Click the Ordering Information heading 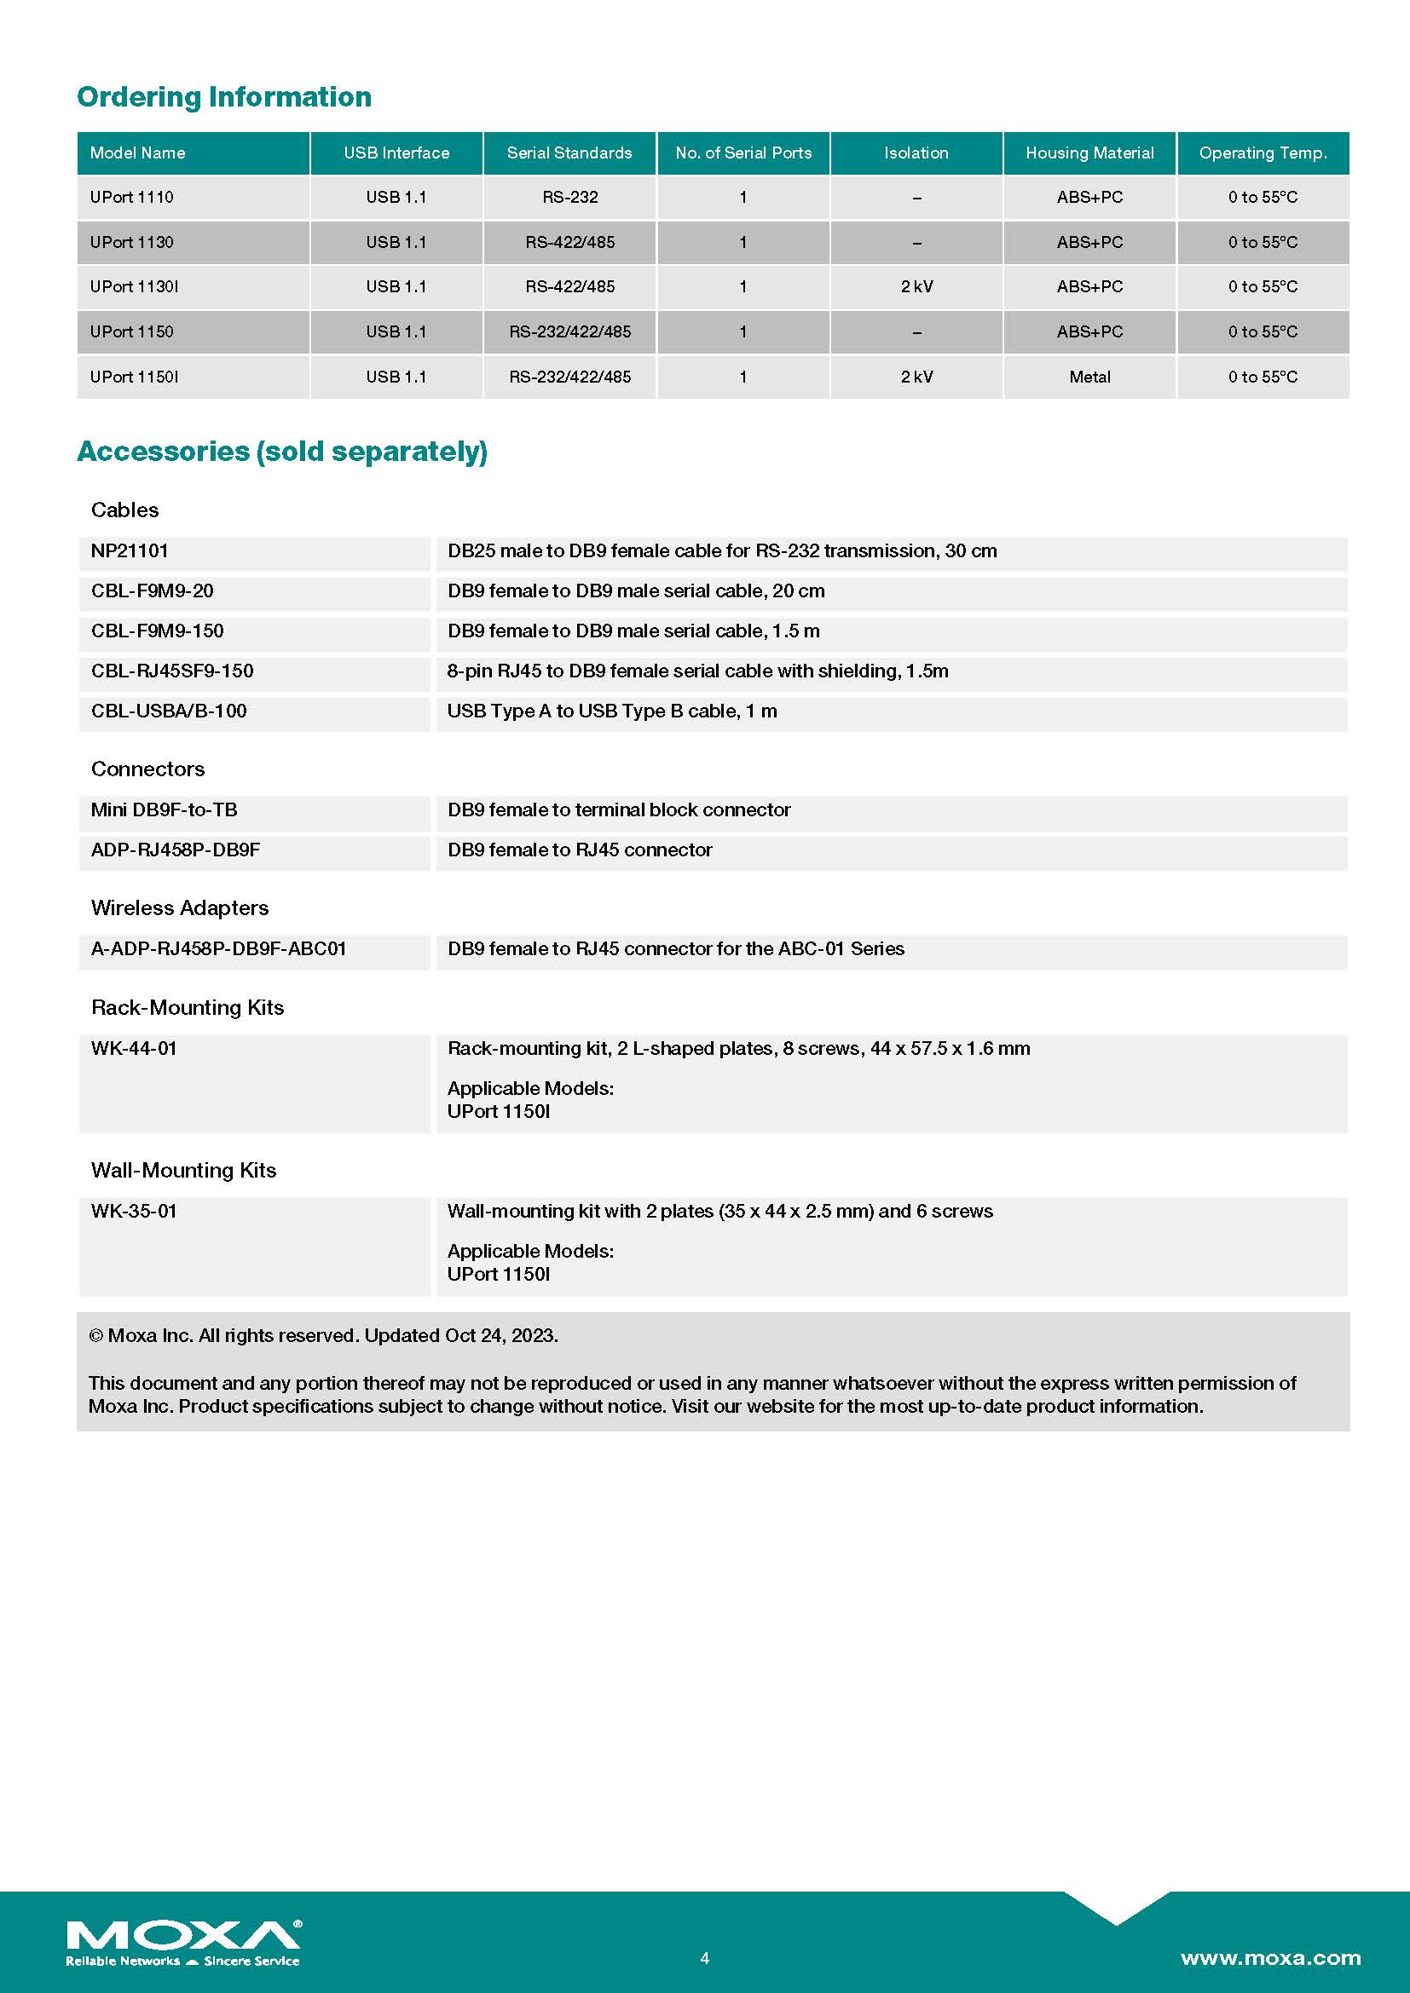point(224,96)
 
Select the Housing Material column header point(1089,153)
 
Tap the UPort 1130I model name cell point(135,286)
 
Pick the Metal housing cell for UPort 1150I point(1089,377)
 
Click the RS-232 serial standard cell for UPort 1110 point(569,197)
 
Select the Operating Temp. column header point(1263,153)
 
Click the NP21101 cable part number point(130,550)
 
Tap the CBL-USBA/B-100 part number point(170,711)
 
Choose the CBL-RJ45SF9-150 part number point(173,671)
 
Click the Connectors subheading point(147,769)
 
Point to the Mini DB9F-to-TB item point(164,809)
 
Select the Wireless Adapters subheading point(180,908)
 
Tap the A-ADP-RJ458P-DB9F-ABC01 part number point(219,948)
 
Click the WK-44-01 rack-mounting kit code point(135,1049)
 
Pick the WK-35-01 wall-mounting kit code point(135,1211)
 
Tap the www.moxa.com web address point(1270,1957)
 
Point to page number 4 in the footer point(705,1957)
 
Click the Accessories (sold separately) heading point(282,452)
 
